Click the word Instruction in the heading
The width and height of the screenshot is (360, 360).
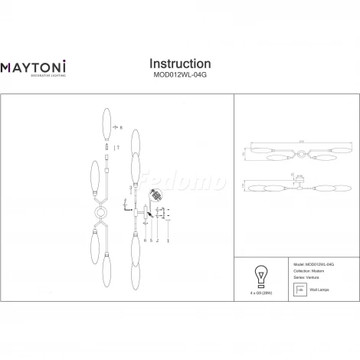point(179,64)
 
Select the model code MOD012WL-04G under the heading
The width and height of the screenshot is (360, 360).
point(179,76)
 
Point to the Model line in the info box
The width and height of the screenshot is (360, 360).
point(311,262)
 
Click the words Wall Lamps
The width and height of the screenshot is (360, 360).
point(321,290)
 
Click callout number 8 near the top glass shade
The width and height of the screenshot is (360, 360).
point(119,139)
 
